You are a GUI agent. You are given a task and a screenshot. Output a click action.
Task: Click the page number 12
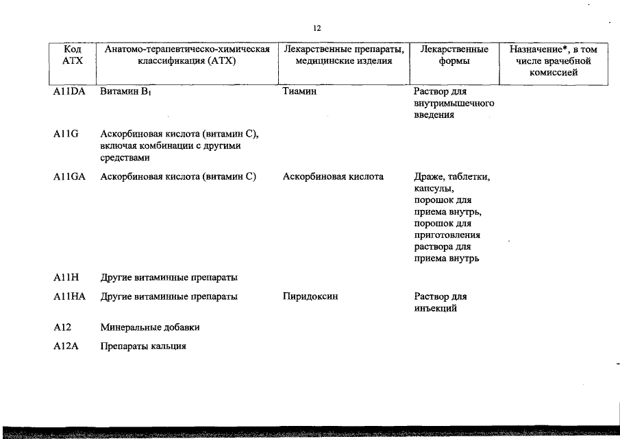point(317,28)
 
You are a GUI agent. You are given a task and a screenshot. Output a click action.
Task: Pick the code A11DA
point(69,92)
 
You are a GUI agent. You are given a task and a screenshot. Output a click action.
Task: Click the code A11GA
point(69,177)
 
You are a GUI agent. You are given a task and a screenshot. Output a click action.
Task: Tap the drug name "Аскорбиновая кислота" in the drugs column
point(333,177)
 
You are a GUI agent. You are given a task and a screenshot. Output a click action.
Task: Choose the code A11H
point(66,277)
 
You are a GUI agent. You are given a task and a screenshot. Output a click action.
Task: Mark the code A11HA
point(69,297)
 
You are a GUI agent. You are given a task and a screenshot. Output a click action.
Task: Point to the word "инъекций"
point(435,308)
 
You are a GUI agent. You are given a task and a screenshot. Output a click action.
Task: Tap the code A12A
point(66,346)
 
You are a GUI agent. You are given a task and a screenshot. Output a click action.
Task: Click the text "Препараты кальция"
point(143,346)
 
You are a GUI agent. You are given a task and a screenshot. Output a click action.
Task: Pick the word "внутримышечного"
point(454,104)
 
